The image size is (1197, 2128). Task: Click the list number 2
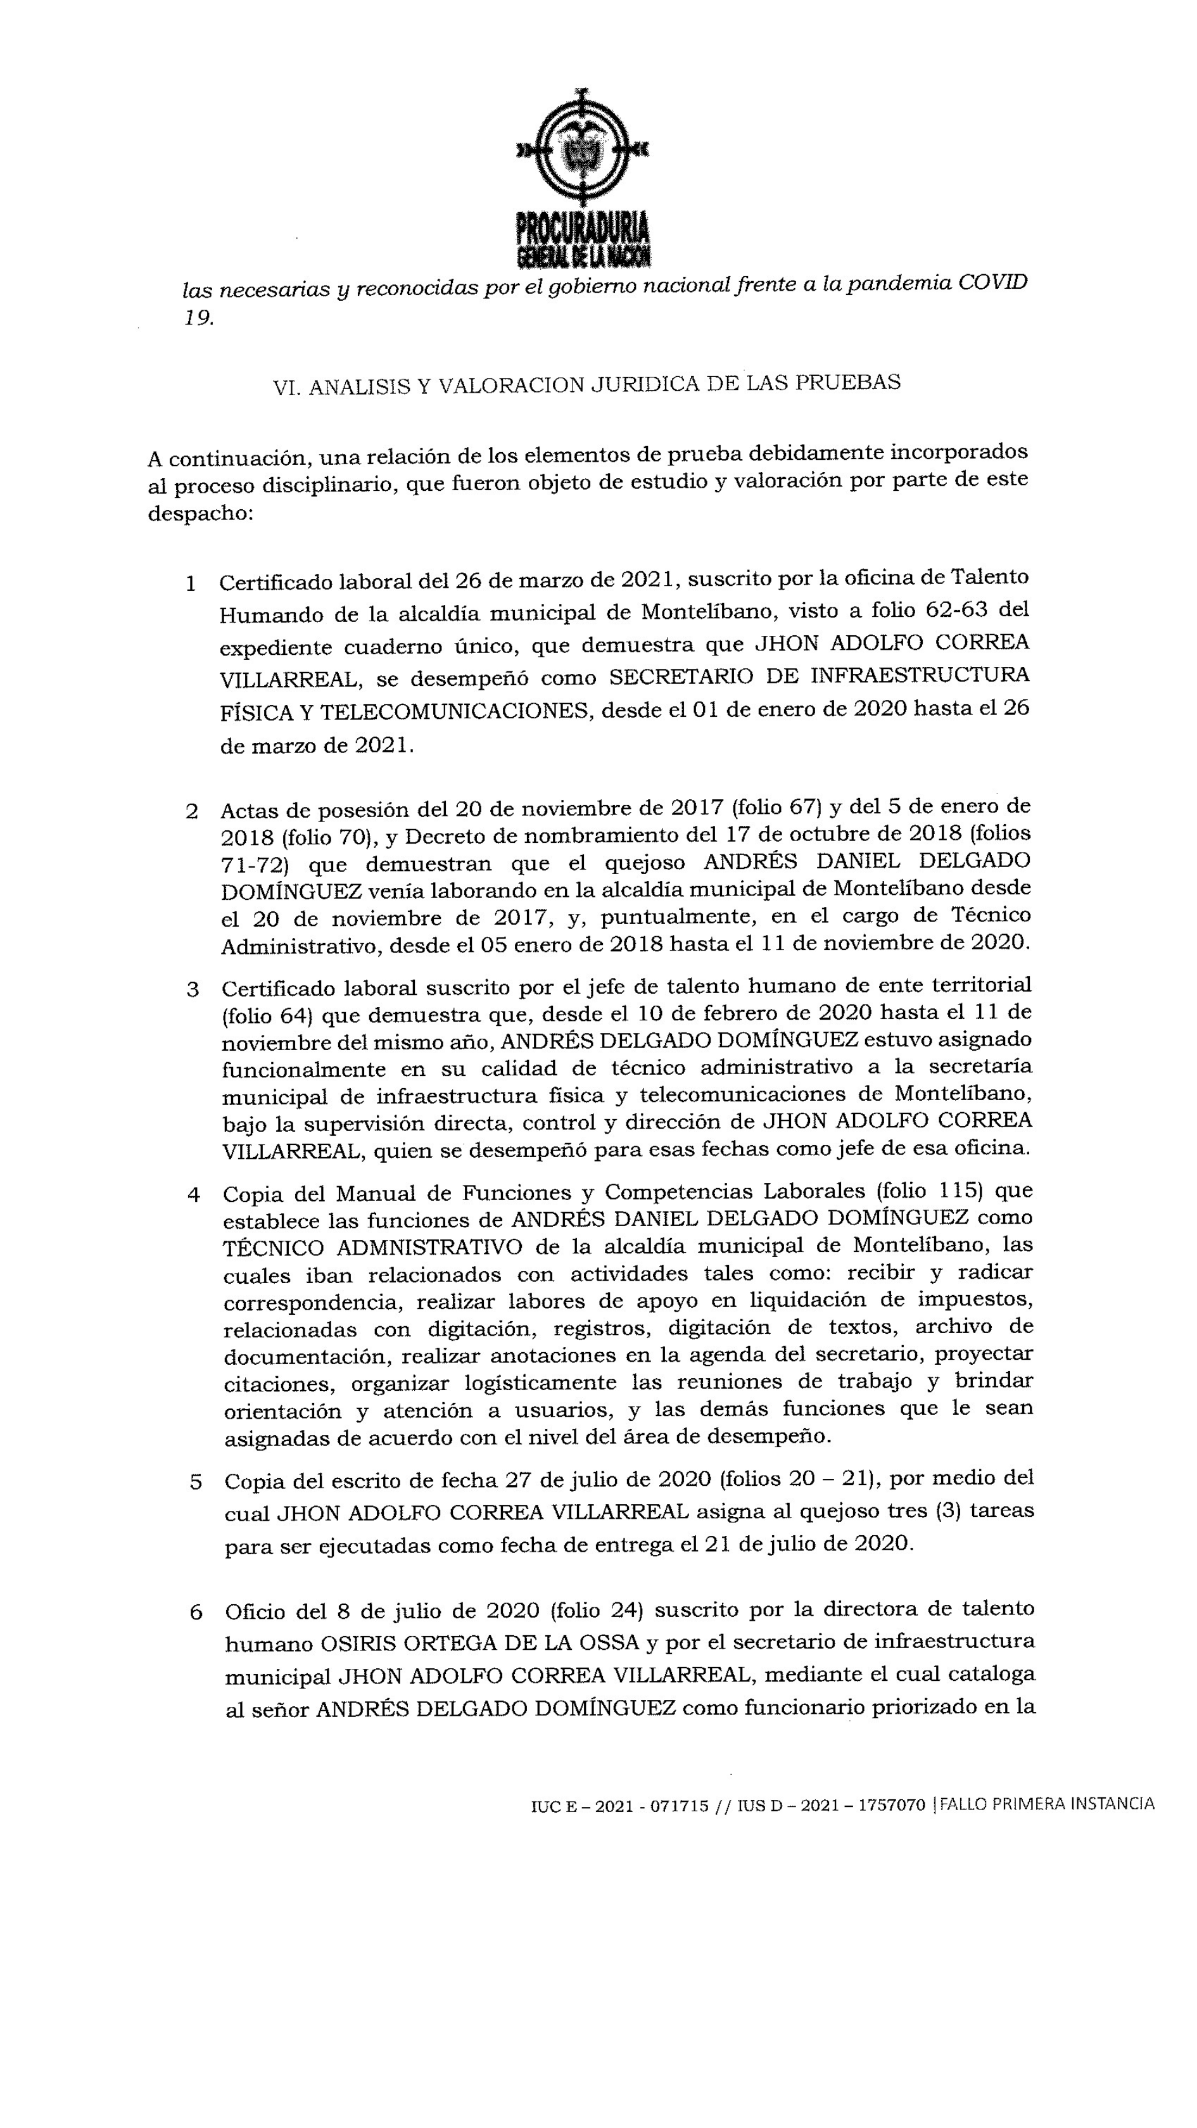pos(192,811)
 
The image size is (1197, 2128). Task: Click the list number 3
pos(193,990)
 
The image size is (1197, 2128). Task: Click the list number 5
pos(196,1482)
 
